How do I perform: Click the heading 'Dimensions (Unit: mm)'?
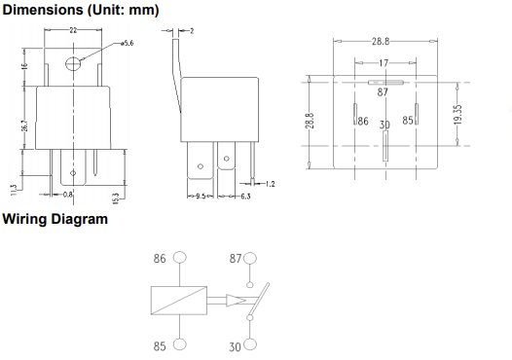[80, 10]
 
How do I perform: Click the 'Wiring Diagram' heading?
[55, 219]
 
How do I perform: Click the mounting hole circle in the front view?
[73, 64]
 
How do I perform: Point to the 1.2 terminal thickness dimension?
[270, 183]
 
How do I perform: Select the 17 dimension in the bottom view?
[384, 61]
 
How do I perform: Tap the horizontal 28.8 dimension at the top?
[381, 42]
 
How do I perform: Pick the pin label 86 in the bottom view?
[361, 122]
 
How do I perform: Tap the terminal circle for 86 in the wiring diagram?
[179, 259]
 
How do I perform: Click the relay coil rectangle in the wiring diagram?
[180, 301]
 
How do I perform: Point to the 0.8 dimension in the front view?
[67, 195]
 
